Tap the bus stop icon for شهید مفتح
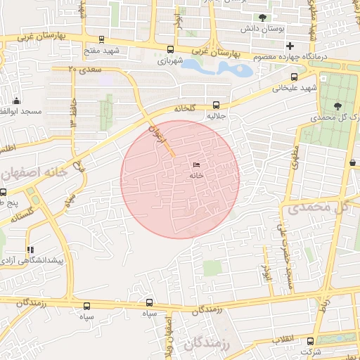point(102,40)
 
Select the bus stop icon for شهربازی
point(170,49)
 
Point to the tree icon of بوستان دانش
point(263,18)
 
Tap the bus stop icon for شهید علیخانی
point(294,77)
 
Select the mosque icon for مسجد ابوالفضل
point(15,101)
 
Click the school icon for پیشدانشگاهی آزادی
point(30,250)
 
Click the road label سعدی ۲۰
point(85,70)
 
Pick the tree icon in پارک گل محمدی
point(338,106)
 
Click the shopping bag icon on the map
point(352,163)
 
